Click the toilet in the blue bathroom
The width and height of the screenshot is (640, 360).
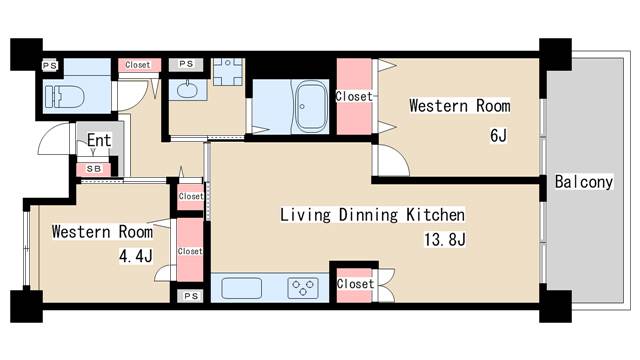[x=64, y=97]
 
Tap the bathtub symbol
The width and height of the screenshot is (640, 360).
[x=311, y=107]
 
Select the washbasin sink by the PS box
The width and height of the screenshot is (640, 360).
[x=187, y=89]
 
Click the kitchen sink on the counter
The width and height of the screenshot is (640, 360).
[x=242, y=288]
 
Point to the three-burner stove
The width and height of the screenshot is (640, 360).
[x=303, y=288]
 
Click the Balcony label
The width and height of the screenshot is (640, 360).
[x=584, y=182]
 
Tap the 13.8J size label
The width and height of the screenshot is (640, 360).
[x=444, y=239]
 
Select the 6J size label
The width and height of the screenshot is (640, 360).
[x=498, y=135]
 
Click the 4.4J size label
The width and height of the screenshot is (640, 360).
[x=136, y=256]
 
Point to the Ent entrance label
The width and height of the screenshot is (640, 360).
[x=99, y=140]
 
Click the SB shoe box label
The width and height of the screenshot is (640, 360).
[x=94, y=169]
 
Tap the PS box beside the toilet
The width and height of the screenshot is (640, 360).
[x=50, y=65]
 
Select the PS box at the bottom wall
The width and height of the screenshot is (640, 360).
[x=191, y=296]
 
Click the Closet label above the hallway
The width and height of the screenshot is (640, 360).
[x=138, y=65]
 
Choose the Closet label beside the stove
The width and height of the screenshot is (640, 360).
[x=355, y=284]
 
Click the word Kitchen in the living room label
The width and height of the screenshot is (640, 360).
[x=435, y=215]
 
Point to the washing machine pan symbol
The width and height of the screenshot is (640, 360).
[x=228, y=72]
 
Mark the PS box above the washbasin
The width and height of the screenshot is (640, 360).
[x=186, y=64]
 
